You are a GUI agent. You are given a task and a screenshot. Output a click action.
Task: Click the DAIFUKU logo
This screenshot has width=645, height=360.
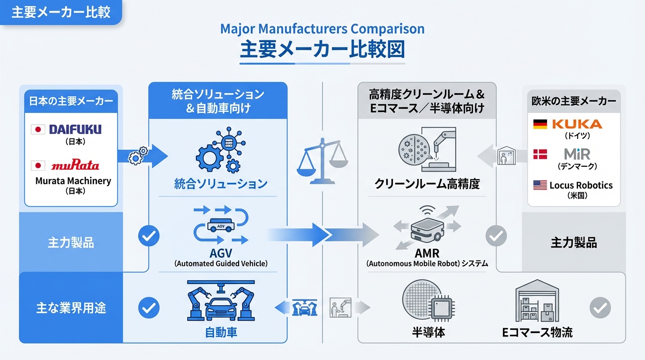point(75,129)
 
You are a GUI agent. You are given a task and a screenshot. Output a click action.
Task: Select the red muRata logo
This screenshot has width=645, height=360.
point(75,165)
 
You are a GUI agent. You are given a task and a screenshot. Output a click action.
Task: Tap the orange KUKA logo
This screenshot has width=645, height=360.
point(577,124)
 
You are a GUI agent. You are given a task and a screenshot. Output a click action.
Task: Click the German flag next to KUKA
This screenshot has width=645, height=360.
point(540,124)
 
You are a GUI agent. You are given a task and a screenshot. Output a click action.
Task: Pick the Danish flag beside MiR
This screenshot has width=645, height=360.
point(540,154)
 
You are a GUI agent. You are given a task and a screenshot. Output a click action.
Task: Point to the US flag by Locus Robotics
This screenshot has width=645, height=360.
point(540,185)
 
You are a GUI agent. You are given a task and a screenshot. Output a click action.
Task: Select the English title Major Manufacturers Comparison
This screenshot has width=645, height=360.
point(322,29)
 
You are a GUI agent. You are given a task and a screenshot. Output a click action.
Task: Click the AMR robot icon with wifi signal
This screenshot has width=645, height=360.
point(427,227)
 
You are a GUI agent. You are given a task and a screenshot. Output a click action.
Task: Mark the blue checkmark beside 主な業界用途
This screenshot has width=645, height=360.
point(149,308)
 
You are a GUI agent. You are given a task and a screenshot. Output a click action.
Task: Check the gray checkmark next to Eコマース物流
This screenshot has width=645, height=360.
point(600,308)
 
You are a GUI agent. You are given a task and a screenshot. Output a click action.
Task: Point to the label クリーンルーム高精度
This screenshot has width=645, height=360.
point(427,184)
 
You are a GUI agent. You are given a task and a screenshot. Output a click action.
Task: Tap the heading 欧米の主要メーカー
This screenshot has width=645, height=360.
point(574,101)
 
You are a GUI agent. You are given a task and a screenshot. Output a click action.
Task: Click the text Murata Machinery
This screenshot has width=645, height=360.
point(73,181)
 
